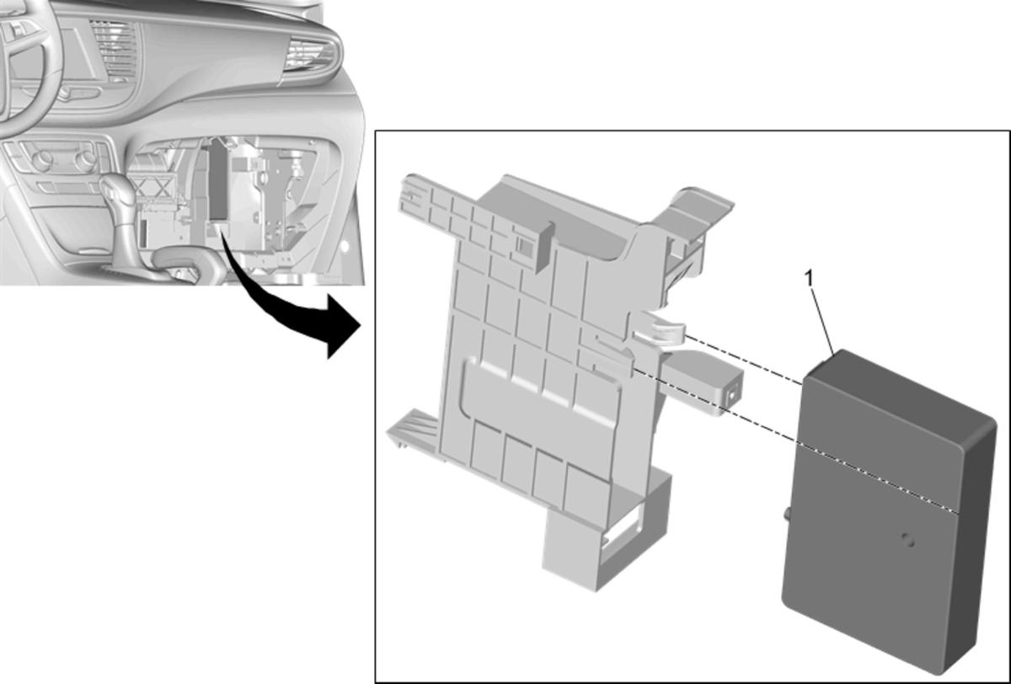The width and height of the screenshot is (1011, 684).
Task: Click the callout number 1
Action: pyautogui.click(x=810, y=278)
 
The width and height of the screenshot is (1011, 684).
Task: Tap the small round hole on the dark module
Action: pyautogui.click(x=907, y=540)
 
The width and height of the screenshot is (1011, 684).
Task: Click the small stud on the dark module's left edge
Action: pyautogui.click(x=788, y=515)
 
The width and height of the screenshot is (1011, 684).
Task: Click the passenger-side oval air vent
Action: pyautogui.click(x=311, y=56)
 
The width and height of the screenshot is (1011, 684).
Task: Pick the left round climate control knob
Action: pyautogui.click(x=42, y=159)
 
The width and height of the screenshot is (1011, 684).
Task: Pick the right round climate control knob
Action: pyautogui.click(x=85, y=159)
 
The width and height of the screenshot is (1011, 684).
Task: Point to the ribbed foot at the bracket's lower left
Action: pyautogui.click(x=412, y=429)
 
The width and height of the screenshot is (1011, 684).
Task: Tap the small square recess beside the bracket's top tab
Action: pyautogui.click(x=524, y=244)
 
